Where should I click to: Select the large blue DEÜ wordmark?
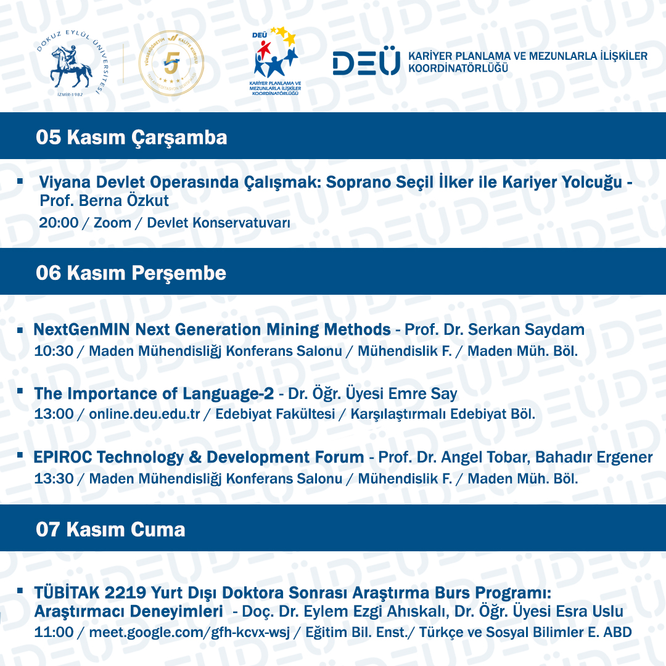point(366,63)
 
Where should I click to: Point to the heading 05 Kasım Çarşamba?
point(131,137)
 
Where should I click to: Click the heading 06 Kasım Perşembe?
point(131,273)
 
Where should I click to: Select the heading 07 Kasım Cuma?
point(110,529)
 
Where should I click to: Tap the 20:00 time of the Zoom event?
point(59,223)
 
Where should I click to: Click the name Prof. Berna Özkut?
point(104,201)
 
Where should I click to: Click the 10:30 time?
point(54,351)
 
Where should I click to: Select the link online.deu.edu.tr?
point(144,414)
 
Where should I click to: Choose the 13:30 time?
point(54,479)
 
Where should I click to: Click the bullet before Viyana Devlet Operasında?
point(20,182)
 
